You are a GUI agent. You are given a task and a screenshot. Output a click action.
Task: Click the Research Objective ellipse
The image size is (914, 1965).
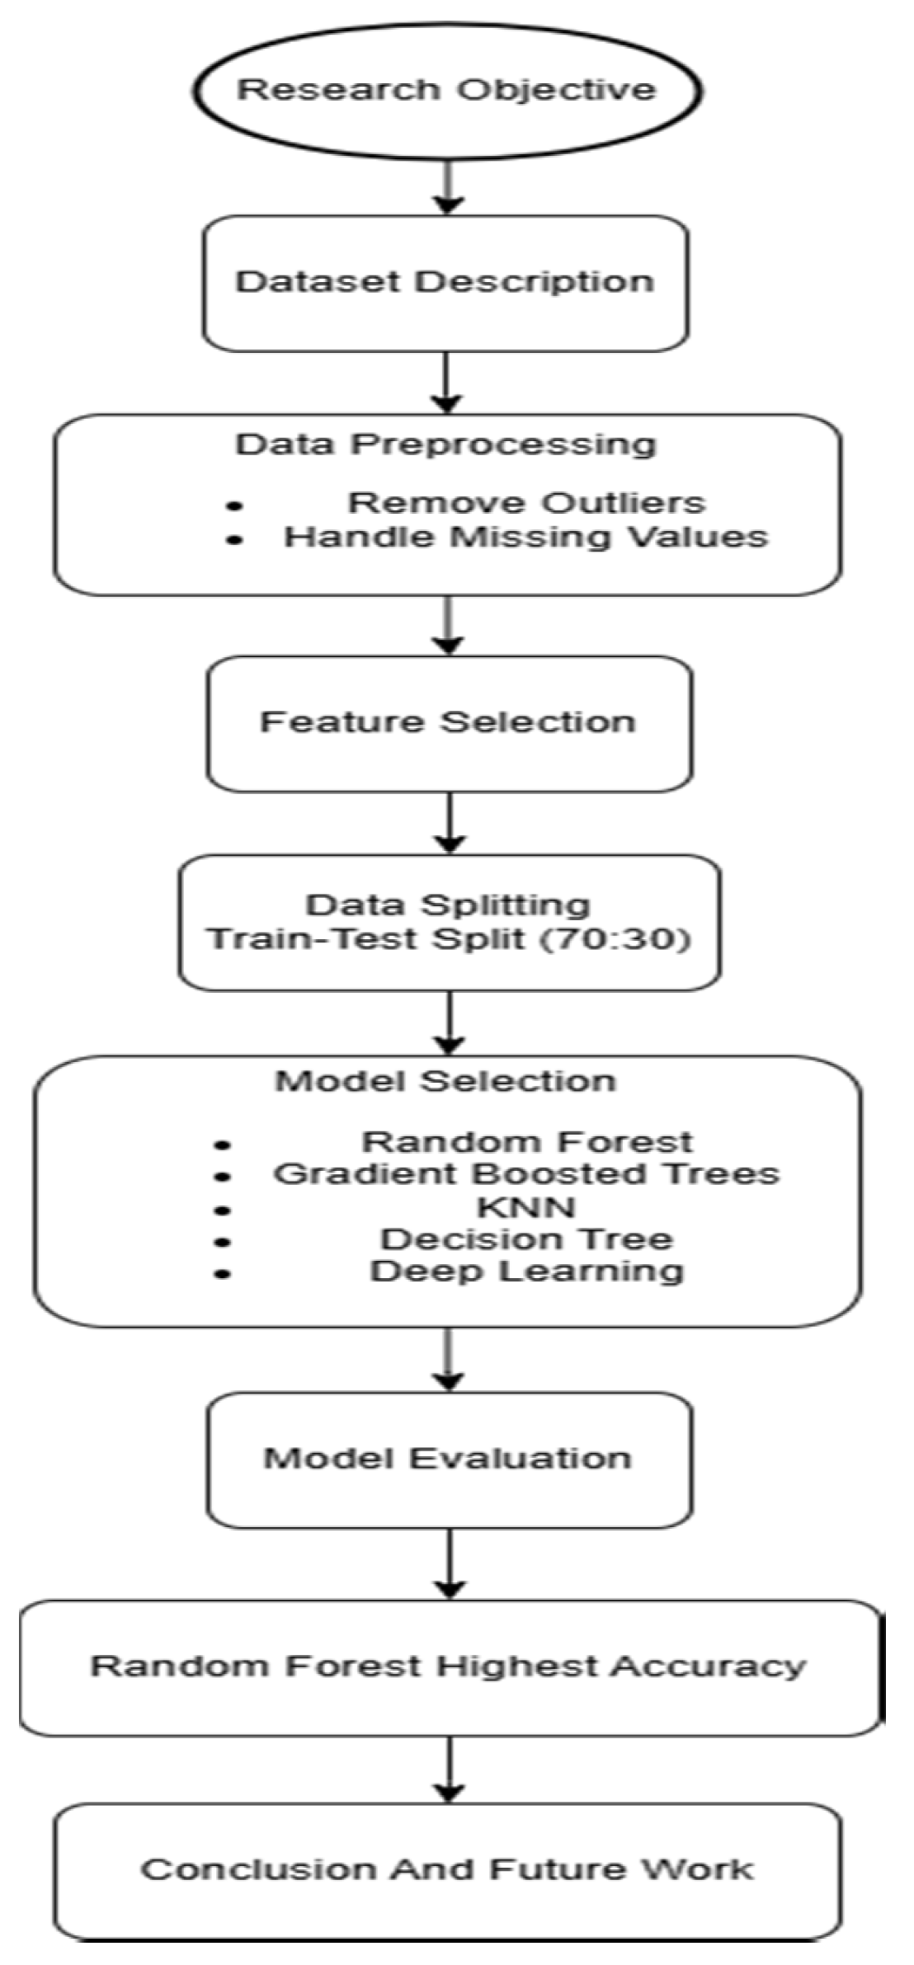[x=446, y=89]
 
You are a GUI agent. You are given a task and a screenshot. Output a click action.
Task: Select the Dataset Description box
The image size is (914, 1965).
[x=445, y=282]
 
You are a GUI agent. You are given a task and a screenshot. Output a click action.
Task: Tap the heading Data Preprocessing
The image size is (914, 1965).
[x=445, y=444]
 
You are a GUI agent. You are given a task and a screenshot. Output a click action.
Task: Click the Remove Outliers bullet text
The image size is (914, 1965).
[x=525, y=502]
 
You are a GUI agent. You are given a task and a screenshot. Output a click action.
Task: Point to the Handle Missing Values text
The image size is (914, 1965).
[x=525, y=537]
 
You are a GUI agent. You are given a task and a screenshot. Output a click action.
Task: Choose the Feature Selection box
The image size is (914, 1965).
[x=448, y=722]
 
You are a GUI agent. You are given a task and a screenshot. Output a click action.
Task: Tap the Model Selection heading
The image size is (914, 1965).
[x=445, y=1081]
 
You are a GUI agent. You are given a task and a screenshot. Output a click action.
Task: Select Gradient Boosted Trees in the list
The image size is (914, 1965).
[x=525, y=1173]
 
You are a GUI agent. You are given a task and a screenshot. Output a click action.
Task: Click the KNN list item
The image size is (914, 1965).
[x=525, y=1207]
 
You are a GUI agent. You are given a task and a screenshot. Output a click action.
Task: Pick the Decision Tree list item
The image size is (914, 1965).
[x=525, y=1239]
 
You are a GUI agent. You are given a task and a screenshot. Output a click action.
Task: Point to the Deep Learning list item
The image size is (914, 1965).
[x=525, y=1271]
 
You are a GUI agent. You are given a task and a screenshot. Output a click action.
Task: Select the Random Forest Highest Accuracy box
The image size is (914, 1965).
[x=448, y=1666]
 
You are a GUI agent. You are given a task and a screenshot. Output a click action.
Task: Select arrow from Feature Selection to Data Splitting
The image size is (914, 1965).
[x=449, y=822]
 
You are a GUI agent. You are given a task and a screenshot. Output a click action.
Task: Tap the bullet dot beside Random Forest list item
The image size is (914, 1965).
[x=222, y=1145]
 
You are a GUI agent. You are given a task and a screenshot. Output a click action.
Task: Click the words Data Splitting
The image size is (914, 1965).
[x=448, y=905]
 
